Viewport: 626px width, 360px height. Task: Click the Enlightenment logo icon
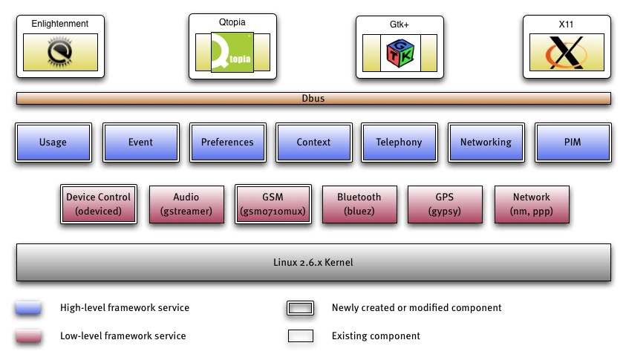[x=59, y=52]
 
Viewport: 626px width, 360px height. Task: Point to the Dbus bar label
[x=313, y=98]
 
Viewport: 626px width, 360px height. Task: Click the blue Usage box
[x=53, y=142]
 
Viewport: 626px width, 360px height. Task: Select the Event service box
[x=140, y=142]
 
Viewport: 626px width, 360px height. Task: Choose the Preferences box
[x=227, y=142]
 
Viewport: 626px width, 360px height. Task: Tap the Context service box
[x=313, y=142]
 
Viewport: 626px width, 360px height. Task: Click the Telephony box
[x=399, y=142]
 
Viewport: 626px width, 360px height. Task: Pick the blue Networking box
[x=486, y=142]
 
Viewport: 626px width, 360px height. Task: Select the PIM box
[x=572, y=142]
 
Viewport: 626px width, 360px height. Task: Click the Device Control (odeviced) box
[x=98, y=204]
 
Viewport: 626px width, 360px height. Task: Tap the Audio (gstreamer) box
[x=186, y=204]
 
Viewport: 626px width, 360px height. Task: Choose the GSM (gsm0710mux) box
[x=273, y=204]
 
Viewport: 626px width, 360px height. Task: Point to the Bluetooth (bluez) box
[x=359, y=204]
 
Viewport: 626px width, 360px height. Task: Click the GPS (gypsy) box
[x=445, y=204]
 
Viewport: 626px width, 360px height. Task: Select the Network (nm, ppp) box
[x=532, y=204]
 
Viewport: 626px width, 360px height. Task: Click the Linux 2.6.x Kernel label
[x=313, y=263]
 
